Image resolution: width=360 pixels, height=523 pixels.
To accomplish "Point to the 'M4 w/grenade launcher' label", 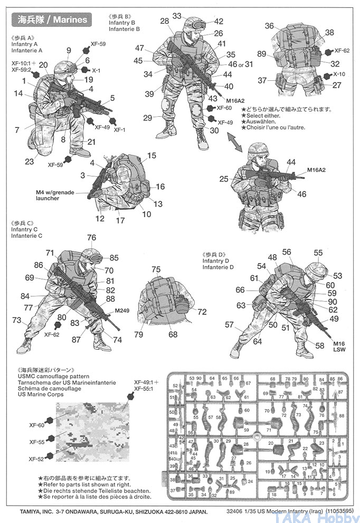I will point(55,195).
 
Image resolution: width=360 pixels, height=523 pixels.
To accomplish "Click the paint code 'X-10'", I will point(339,74).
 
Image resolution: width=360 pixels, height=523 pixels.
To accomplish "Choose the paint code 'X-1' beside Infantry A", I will point(97,70).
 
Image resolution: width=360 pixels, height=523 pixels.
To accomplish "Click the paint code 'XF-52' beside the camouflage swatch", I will point(36,459).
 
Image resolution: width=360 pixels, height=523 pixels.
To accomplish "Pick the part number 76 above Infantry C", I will point(91,238).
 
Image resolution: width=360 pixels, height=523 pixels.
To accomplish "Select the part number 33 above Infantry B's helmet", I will point(176,16).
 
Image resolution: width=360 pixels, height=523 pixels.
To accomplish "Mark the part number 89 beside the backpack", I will point(261,53).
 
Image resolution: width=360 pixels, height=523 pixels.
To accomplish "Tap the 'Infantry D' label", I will point(215,261).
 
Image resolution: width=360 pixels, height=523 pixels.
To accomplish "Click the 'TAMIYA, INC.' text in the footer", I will point(29,512).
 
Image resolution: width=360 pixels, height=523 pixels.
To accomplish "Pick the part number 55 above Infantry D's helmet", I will point(318,253).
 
